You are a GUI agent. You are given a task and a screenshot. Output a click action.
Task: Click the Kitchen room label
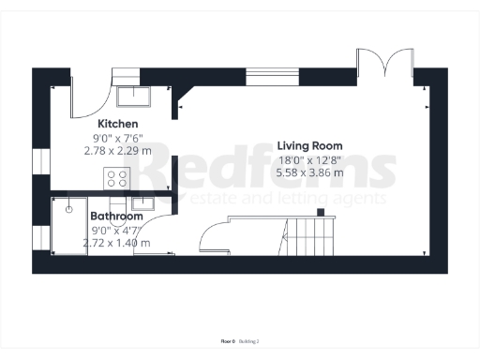pos(118,124)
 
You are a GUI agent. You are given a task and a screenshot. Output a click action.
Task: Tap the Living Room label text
pos(309,146)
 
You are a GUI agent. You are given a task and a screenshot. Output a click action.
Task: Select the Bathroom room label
pos(116,216)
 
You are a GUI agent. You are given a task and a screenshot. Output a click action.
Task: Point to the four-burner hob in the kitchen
pos(116,178)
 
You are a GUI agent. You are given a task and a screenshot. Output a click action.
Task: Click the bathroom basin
pos(142,201)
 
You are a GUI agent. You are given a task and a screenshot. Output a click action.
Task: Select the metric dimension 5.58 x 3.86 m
pos(309,172)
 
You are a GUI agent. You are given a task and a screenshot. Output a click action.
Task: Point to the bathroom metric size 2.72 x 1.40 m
pos(116,242)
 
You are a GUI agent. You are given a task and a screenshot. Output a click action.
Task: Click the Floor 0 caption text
pos(227,340)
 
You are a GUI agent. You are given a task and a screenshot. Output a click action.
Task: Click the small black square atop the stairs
pos(320,213)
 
